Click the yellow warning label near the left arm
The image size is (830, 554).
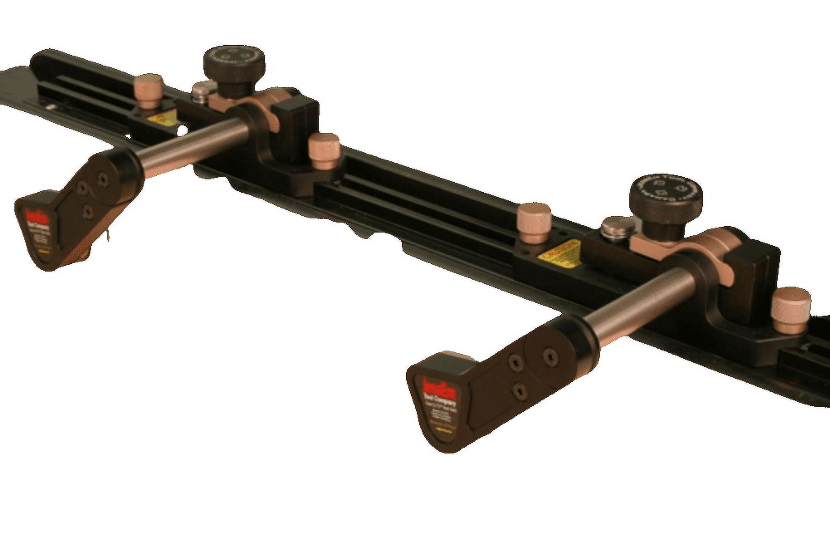click(163, 119)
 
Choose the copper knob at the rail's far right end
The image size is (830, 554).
click(791, 309)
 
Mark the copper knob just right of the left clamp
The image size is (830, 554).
click(324, 150)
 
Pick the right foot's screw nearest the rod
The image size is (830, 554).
click(550, 355)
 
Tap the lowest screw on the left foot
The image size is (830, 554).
click(88, 212)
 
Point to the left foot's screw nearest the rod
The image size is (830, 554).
click(101, 179)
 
